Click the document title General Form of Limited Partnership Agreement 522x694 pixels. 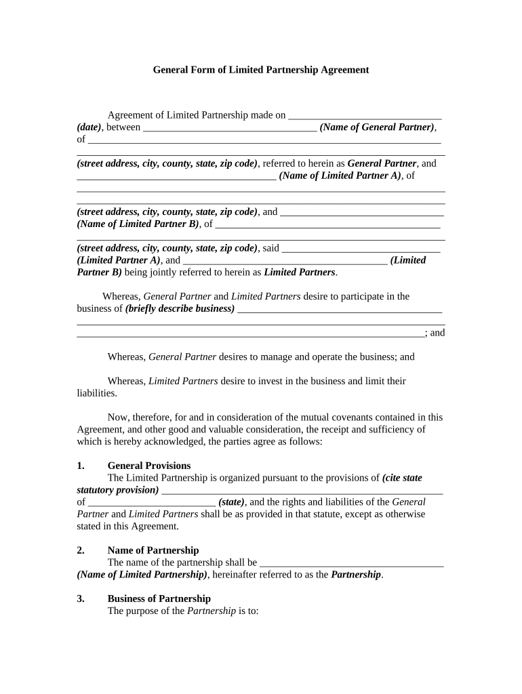click(x=260, y=70)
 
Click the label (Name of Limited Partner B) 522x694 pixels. click(x=138, y=224)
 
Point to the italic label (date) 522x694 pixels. click(x=89, y=127)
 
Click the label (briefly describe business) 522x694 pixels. click(x=180, y=308)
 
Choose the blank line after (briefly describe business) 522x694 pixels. click(x=340, y=310)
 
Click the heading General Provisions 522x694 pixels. click(x=149, y=466)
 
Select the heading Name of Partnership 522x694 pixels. click(x=153, y=550)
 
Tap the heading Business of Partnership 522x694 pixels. click(x=159, y=598)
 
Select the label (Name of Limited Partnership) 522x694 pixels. click(x=142, y=575)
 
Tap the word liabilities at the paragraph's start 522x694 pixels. click(x=96, y=393)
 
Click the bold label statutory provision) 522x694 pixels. click(x=118, y=490)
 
